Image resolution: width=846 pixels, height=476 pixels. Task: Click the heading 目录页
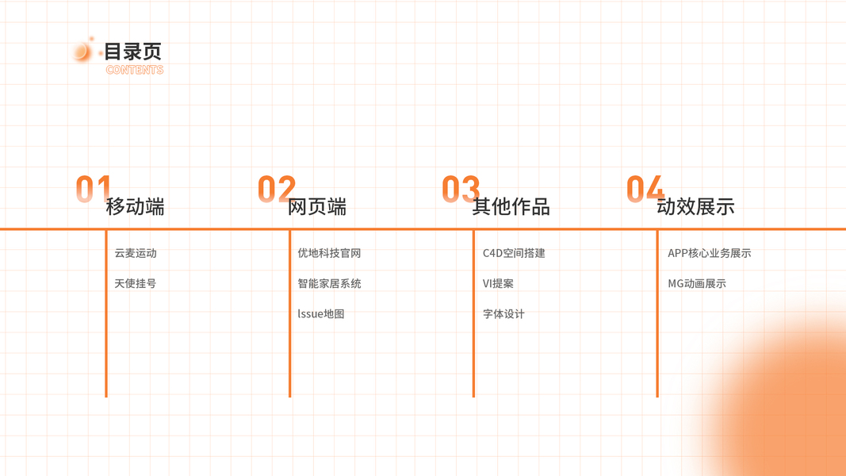click(x=133, y=52)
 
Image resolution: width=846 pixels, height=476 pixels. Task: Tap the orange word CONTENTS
click(x=135, y=70)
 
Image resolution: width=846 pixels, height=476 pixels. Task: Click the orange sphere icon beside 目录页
click(x=82, y=52)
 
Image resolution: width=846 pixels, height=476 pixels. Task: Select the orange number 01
click(x=93, y=190)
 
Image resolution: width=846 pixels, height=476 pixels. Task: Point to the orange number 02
click(x=276, y=190)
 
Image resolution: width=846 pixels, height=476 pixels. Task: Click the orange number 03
click(x=460, y=190)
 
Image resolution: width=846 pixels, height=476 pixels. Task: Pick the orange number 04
click(x=645, y=190)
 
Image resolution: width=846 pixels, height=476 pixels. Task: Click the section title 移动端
click(x=136, y=207)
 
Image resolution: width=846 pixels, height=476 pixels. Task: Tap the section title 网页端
click(x=317, y=207)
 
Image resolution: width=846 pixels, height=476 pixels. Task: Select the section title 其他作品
click(x=511, y=207)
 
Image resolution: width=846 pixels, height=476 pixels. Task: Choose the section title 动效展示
click(x=695, y=207)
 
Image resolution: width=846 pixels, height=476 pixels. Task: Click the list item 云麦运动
click(x=136, y=253)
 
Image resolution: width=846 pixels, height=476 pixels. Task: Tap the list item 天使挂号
click(x=136, y=283)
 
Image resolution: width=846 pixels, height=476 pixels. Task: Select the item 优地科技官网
click(x=329, y=253)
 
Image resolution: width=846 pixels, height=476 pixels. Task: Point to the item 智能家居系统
click(x=329, y=283)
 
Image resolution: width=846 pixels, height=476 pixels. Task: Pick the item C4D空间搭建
click(x=514, y=253)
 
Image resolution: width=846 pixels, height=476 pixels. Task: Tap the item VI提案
click(x=498, y=283)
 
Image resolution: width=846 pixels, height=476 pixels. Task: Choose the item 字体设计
click(x=503, y=314)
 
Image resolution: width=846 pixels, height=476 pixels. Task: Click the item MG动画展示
click(x=697, y=283)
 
